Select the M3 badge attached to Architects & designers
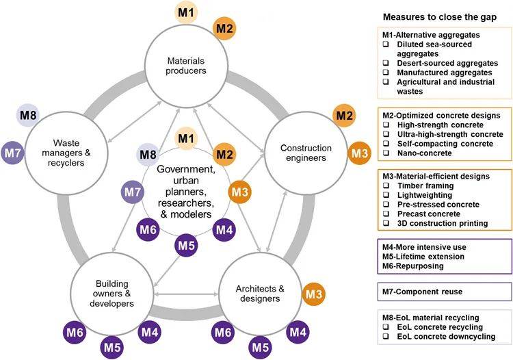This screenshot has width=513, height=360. (x=313, y=294)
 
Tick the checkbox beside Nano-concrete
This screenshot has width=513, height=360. (x=386, y=155)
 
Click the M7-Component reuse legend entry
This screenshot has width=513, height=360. (x=422, y=292)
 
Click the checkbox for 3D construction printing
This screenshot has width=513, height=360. (x=386, y=223)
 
